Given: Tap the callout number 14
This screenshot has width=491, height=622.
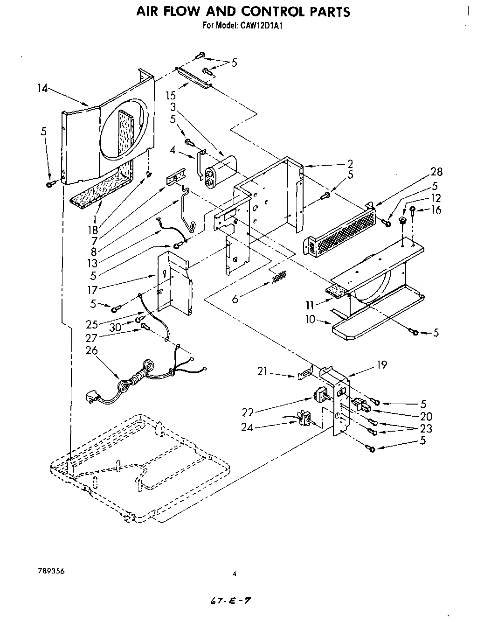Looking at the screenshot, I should tap(42, 88).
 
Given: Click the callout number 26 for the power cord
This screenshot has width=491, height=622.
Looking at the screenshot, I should tap(91, 350).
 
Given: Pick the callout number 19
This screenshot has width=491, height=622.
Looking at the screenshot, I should tap(382, 364).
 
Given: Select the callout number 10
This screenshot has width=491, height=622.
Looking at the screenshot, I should tap(310, 320).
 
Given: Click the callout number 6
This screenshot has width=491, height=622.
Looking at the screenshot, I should tap(235, 299).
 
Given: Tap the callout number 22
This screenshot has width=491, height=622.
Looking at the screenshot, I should tap(249, 412).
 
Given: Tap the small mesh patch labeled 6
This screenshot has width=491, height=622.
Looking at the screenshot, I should tap(278, 277).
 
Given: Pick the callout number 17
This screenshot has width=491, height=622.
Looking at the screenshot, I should tap(93, 290).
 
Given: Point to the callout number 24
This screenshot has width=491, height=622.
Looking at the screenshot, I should tap(248, 426).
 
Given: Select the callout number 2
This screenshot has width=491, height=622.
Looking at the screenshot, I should tap(350, 164).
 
